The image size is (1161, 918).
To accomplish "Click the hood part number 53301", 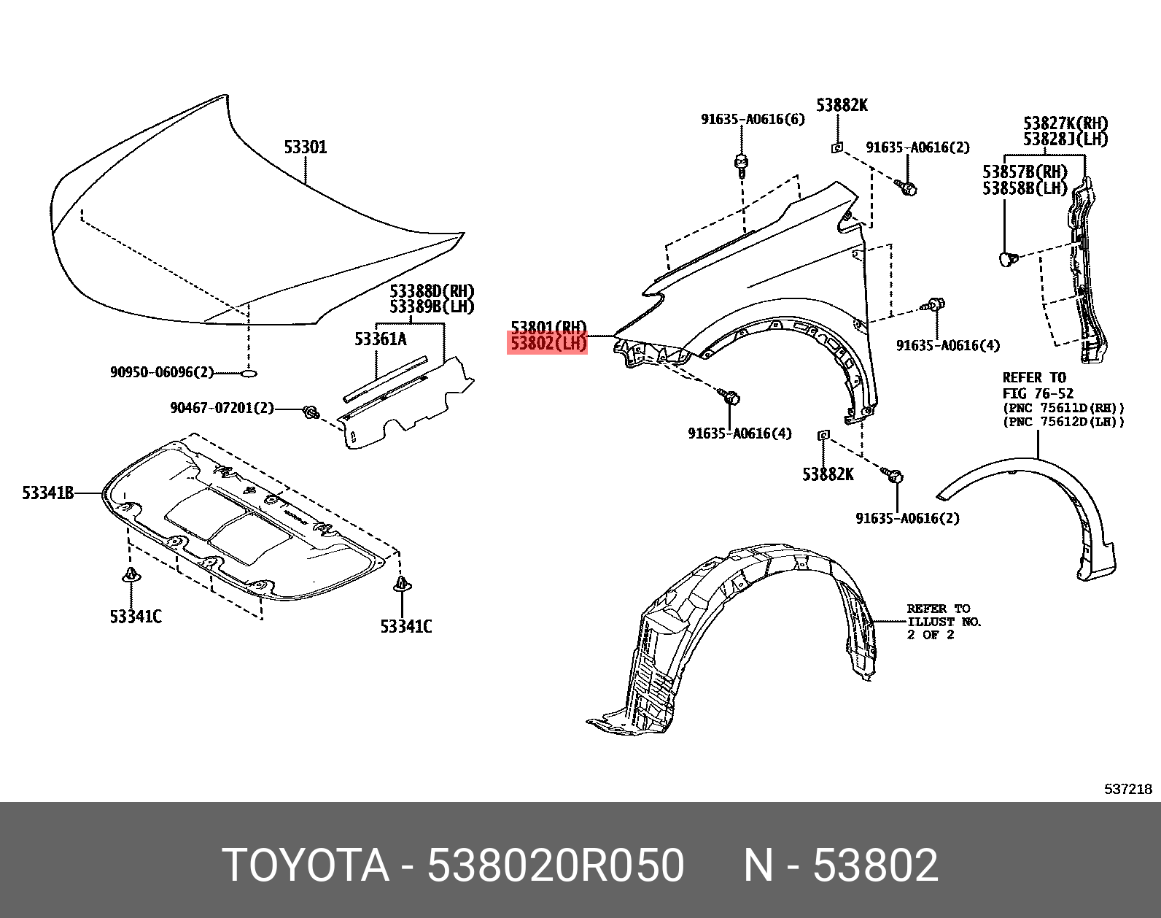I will point(306,147).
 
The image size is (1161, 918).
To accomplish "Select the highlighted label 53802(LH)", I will point(548,343).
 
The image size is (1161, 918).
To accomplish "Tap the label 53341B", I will point(48,493).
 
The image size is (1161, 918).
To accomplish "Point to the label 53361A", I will point(381,339).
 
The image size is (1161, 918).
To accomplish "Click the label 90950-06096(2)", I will point(162,372).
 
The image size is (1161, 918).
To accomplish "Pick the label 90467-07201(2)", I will point(222,408).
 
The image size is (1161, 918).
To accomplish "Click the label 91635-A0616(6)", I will point(753,119).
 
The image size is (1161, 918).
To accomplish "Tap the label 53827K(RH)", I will point(1065,123).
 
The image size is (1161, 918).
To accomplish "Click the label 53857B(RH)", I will point(1025,172).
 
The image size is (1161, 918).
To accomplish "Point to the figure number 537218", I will point(1127,789).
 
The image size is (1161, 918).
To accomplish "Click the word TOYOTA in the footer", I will point(306,865).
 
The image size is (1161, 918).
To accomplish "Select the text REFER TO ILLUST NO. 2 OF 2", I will point(944,622).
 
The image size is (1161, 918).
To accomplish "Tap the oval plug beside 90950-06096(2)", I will point(248,373).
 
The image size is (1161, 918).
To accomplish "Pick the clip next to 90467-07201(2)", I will point(311,413).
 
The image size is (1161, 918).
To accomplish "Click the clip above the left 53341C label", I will point(131,575).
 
